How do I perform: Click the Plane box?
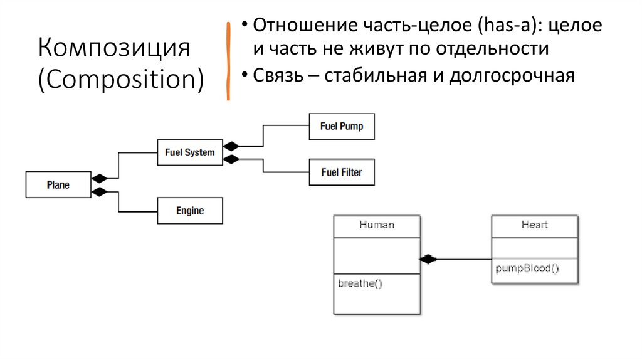pyautogui.click(x=58, y=185)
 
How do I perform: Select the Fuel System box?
pyautogui.click(x=189, y=152)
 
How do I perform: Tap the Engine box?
pyautogui.click(x=189, y=211)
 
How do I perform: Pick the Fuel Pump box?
pyautogui.click(x=341, y=127)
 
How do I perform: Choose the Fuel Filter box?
pyautogui.click(x=341, y=172)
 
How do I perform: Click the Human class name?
pyautogui.click(x=376, y=225)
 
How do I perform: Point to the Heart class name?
pyautogui.click(x=534, y=225)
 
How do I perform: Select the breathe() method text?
pyautogui.click(x=360, y=283)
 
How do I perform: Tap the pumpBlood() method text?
pyautogui.click(x=527, y=268)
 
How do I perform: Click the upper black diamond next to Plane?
pyautogui.click(x=99, y=178)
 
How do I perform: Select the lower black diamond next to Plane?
pyautogui.click(x=99, y=192)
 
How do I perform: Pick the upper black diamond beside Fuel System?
pyautogui.click(x=231, y=145)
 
